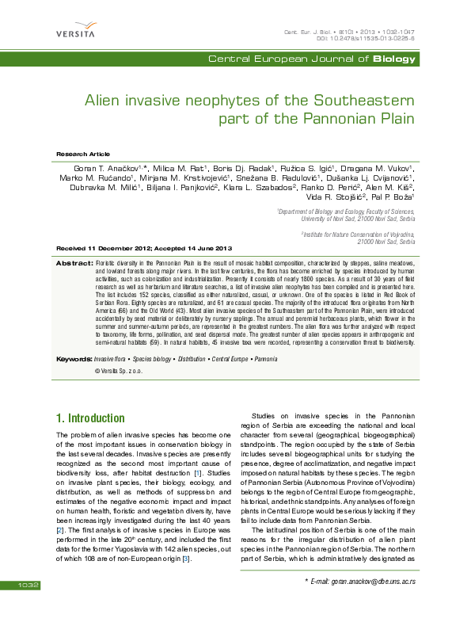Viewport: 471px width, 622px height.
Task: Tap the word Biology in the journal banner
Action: (393, 59)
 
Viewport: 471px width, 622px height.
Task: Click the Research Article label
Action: (81, 153)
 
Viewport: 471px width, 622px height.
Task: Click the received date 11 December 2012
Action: (121, 249)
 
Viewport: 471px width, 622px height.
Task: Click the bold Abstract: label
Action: (74, 261)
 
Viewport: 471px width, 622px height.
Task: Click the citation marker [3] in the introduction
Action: (208, 560)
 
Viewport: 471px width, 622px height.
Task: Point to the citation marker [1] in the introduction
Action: (198, 474)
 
